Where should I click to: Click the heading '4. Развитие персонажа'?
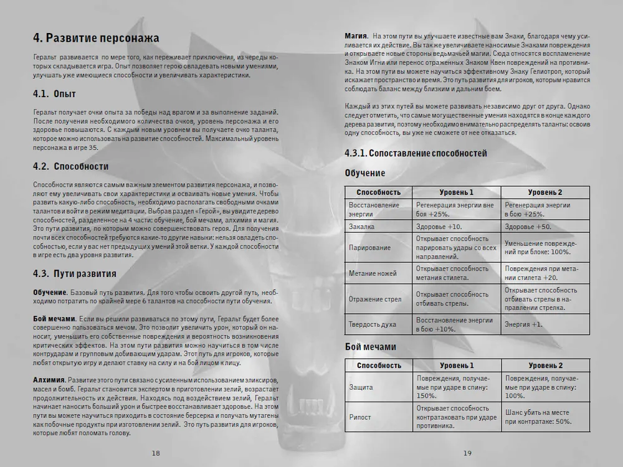coord(96,39)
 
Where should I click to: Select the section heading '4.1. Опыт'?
coord(54,95)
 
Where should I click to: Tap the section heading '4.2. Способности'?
coord(70,166)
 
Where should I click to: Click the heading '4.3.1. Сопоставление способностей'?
coord(416,153)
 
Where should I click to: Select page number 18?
coord(156,453)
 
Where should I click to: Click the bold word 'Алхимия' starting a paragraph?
coord(48,380)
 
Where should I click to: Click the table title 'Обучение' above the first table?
coord(365,173)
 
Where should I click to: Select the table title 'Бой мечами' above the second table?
coord(370,347)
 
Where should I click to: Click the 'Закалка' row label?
coord(361,226)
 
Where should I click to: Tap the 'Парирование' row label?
coord(370,248)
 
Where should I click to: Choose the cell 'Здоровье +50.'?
coord(528,226)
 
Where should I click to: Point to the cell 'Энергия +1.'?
coord(523,324)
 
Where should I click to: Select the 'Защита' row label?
coord(361,387)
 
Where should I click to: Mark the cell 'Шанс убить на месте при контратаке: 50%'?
coord(539,417)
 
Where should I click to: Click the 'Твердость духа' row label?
coord(373,324)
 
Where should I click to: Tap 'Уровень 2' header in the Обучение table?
coord(545,192)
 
